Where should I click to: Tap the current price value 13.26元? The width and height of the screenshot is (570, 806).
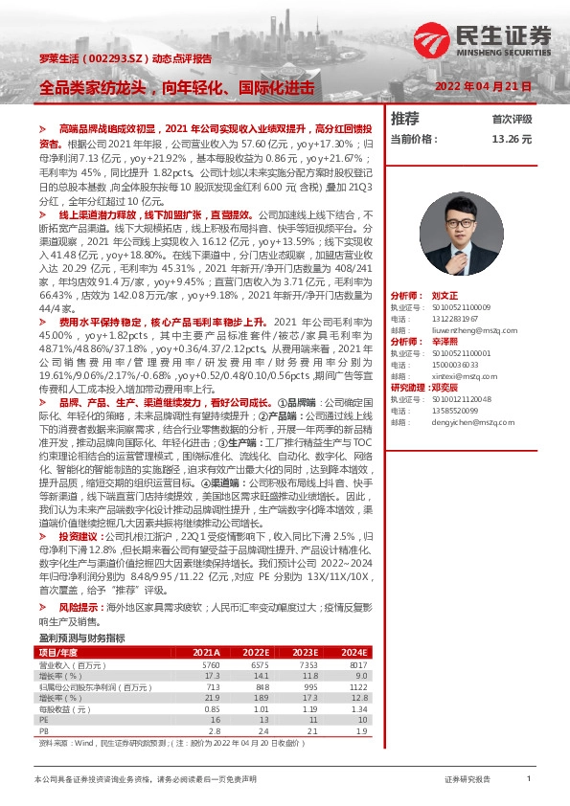511,139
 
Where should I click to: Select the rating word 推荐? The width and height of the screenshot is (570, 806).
405,119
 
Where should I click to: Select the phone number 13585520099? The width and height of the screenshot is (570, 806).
455,410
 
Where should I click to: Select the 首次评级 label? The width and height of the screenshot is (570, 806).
512,120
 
